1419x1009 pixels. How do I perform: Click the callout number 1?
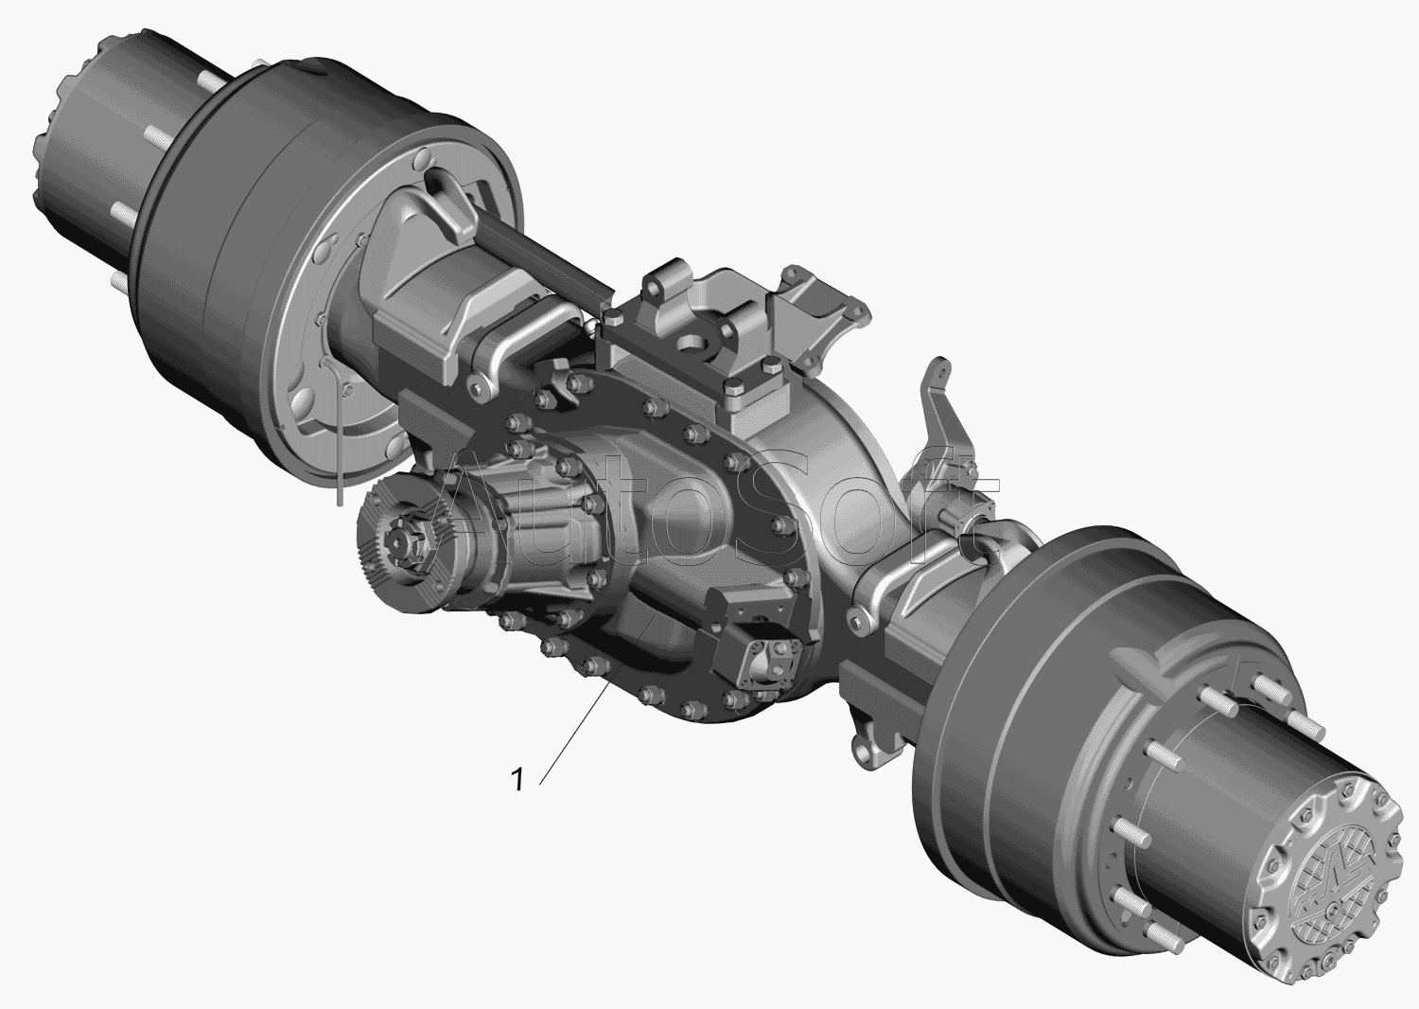pyautogui.click(x=517, y=780)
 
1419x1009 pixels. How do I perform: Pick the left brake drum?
pyautogui.click(x=329, y=254)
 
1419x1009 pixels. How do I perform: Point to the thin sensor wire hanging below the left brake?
pyautogui.click(x=339, y=431)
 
